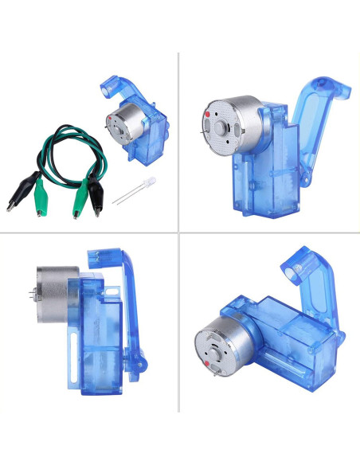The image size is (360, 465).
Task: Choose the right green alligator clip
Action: [x=80, y=202]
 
